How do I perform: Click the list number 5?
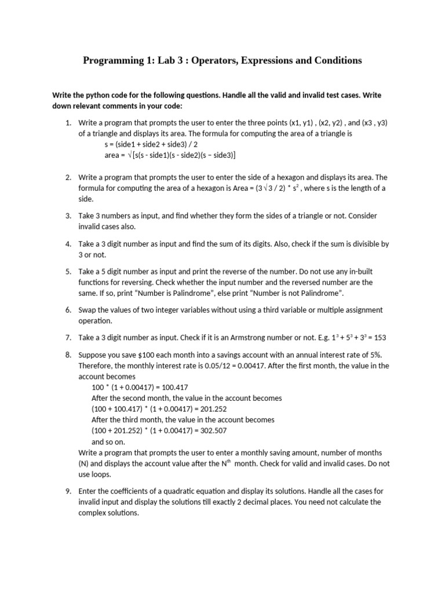point(68,271)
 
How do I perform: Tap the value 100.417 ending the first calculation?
point(174,387)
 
